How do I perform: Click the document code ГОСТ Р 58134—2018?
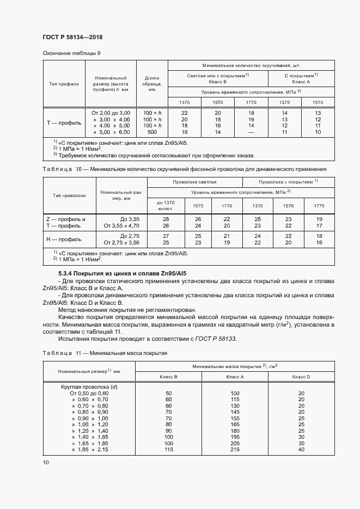tap(72, 37)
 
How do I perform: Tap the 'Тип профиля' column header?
tap(64, 84)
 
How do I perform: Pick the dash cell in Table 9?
tap(251, 132)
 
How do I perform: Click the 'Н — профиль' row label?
tap(64, 239)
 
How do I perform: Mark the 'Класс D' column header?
tap(301, 377)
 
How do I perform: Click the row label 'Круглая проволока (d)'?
tap(89, 387)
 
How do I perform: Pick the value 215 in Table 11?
tap(235, 449)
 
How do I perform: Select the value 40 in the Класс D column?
tap(301, 449)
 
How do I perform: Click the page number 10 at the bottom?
tap(46, 463)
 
